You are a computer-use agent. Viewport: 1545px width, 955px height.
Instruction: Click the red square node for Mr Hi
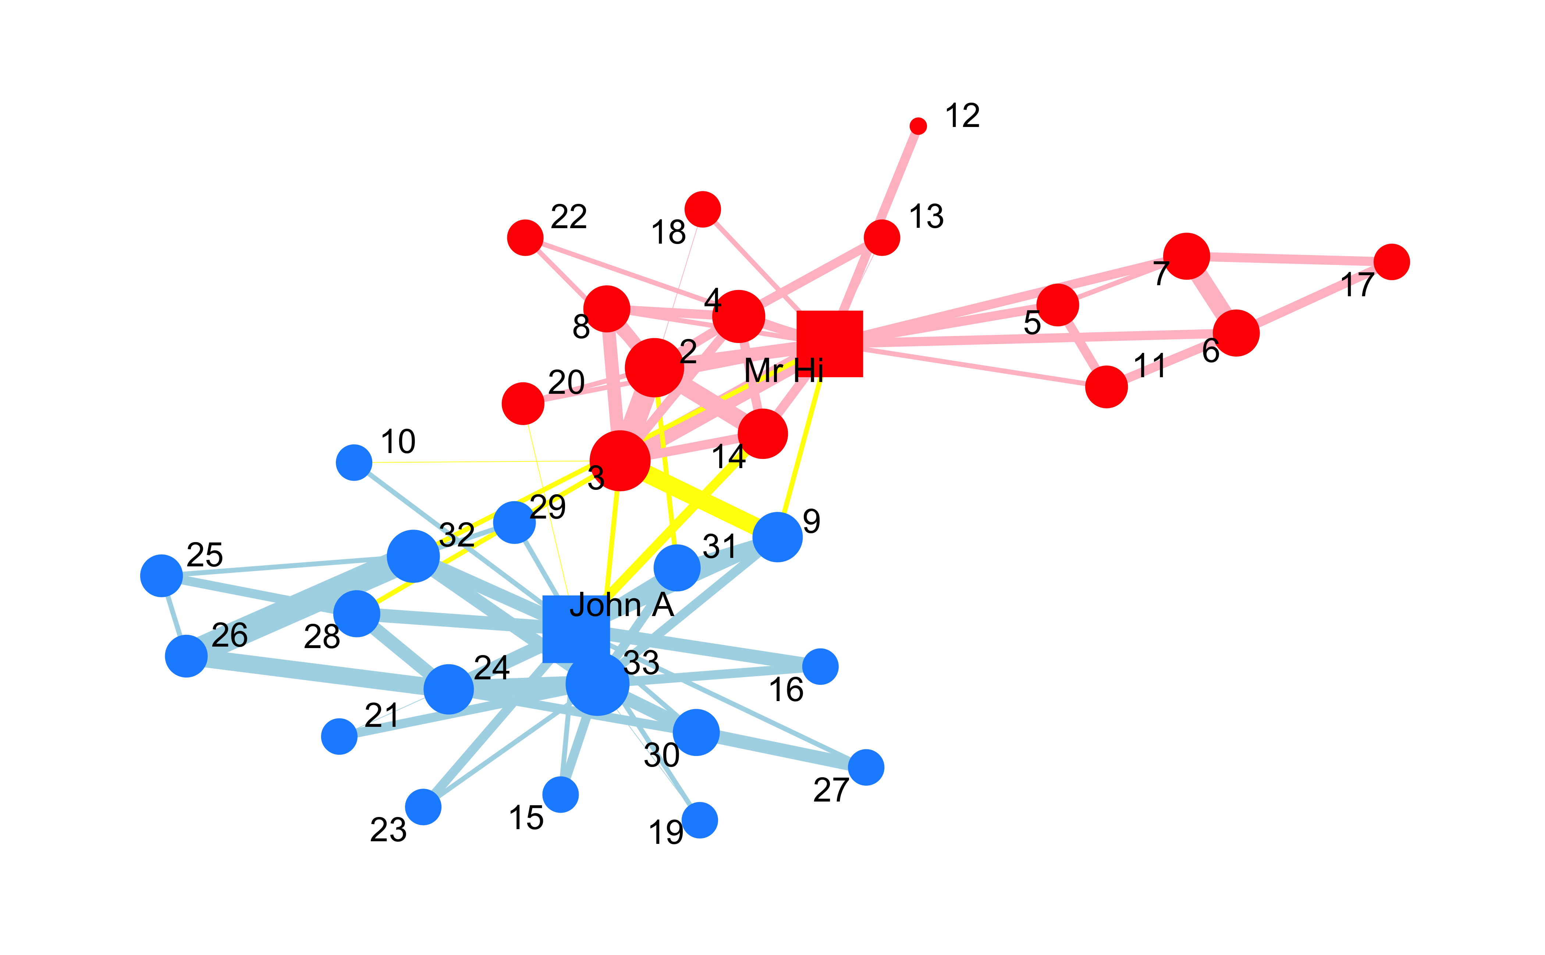(830, 344)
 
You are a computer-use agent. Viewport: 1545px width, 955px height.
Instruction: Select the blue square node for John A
(576, 629)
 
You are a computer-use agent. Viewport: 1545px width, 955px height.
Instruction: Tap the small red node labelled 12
(918, 126)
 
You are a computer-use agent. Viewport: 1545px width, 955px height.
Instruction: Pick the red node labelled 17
(1392, 262)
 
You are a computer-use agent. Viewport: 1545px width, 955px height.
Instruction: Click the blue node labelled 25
(161, 576)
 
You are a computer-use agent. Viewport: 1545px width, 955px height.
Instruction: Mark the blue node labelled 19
(700, 820)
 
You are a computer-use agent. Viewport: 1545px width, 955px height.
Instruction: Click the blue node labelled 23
(423, 807)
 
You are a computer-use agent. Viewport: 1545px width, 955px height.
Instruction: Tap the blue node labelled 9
(777, 537)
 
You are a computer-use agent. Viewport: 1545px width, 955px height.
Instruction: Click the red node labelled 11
(1106, 386)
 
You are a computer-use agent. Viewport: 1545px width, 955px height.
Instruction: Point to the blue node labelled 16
(820, 666)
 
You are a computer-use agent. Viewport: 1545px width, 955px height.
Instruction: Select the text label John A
(622, 605)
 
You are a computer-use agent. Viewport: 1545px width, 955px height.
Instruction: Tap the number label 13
(926, 217)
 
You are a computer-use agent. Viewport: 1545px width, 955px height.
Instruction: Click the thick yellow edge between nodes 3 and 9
(699, 499)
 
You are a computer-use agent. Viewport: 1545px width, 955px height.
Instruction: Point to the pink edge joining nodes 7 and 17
(1289, 258)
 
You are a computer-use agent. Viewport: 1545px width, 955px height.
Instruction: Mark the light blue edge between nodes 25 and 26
(174, 616)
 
